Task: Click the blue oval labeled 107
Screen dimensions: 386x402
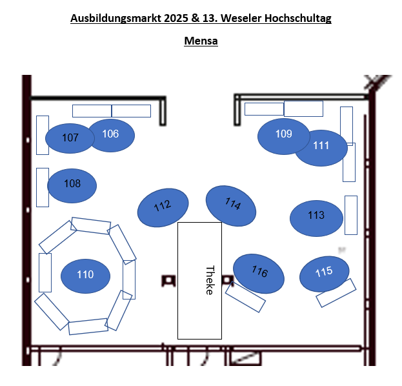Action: pos(70,138)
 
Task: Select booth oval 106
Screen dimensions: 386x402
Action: pos(111,134)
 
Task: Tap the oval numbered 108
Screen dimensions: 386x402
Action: pos(72,185)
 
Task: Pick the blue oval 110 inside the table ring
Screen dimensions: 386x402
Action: pos(85,275)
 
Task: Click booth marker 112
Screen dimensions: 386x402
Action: pos(163,207)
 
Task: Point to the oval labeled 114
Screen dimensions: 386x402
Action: pos(231,205)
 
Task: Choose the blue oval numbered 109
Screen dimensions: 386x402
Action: pos(283,136)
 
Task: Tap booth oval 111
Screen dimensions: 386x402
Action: pos(321,147)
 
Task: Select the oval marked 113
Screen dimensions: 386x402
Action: pos(316,218)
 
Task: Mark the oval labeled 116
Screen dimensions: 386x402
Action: pos(259,272)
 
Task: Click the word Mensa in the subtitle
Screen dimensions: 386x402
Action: pos(201,41)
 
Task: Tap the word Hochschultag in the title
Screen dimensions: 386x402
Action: pos(301,18)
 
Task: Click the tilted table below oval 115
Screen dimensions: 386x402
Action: pos(336,293)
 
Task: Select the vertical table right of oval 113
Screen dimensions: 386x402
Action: pos(351,215)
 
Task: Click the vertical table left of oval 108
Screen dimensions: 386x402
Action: pos(43,187)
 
